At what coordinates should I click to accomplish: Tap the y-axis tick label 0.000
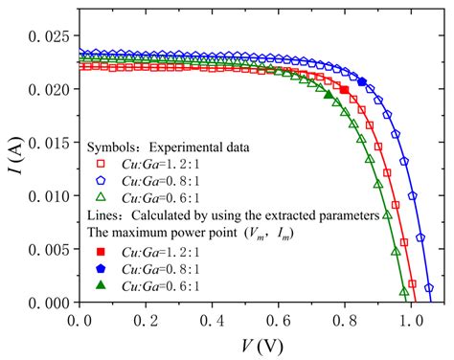coord(47,302)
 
